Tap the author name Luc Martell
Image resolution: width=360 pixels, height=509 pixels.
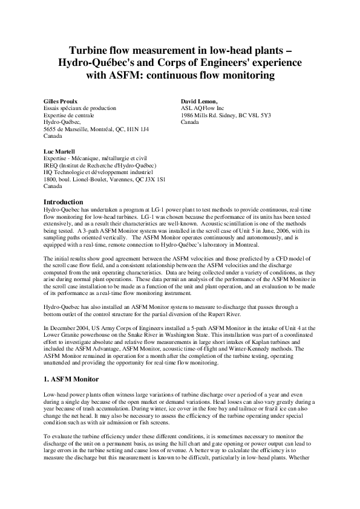[x=59, y=151]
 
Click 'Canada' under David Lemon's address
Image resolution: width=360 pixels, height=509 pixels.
[x=190, y=122]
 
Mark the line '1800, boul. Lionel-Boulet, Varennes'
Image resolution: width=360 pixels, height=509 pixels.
[x=94, y=180]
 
